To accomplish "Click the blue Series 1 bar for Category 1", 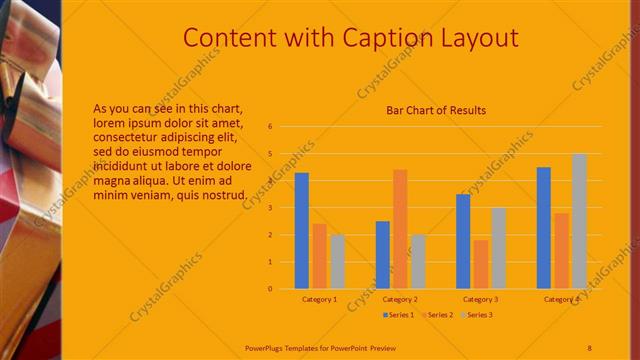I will (x=301, y=231).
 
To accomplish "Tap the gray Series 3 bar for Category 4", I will (x=579, y=221).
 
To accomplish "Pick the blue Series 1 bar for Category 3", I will (x=463, y=241).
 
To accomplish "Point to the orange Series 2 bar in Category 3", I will (x=481, y=264).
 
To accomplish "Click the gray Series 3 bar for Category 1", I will (x=337, y=261).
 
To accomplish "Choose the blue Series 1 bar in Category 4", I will (x=543, y=228).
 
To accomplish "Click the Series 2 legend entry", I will (x=437, y=315).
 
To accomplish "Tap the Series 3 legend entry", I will (x=477, y=315).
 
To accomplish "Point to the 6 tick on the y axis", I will (x=270, y=127).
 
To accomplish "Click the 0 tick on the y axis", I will (x=270, y=289).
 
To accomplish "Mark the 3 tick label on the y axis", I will (x=270, y=208).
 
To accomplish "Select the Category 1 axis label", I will (x=319, y=299).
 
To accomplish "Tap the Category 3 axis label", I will (x=480, y=299).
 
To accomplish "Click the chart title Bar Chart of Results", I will (x=436, y=110).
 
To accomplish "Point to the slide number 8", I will (x=589, y=347).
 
